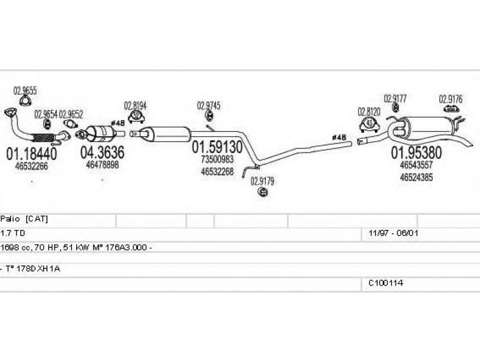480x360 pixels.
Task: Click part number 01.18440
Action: click(x=31, y=154)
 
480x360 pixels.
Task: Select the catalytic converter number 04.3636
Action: click(x=102, y=153)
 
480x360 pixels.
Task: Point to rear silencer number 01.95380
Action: click(x=416, y=152)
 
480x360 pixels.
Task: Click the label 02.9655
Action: click(x=25, y=91)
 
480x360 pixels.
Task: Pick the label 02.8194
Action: click(x=135, y=105)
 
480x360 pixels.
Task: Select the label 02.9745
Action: click(x=208, y=106)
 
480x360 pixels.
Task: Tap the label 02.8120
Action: click(x=369, y=111)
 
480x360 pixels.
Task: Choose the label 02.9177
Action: click(x=395, y=98)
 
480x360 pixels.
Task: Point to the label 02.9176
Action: click(x=450, y=98)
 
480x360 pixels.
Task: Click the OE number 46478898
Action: click(x=102, y=164)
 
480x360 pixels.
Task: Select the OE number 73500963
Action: click(x=217, y=160)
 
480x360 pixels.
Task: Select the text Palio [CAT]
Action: click(x=24, y=219)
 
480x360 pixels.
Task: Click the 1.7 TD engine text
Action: click(x=13, y=232)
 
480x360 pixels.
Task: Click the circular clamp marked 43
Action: click(x=370, y=124)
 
